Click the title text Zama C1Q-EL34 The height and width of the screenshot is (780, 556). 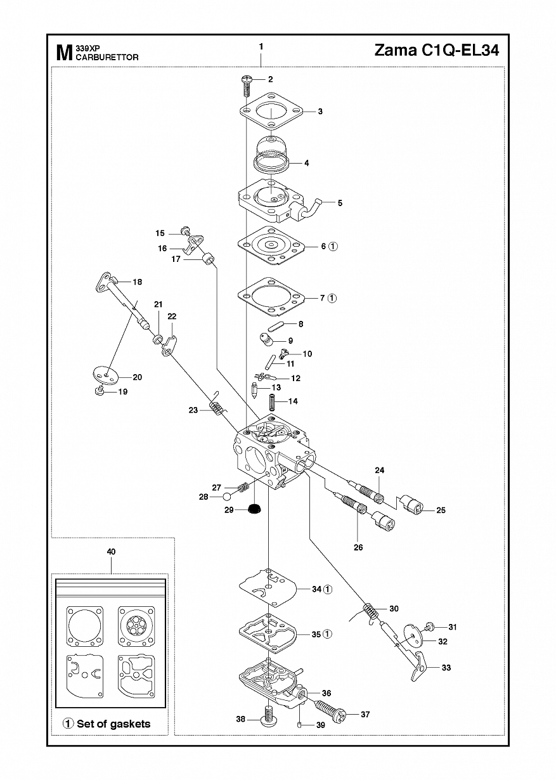tap(437, 51)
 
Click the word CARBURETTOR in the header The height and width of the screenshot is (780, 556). tap(107, 58)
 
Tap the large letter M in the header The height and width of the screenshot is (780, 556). tap(65, 53)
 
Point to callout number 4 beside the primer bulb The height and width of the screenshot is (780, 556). tap(307, 163)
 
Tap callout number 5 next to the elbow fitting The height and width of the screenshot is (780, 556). tap(340, 203)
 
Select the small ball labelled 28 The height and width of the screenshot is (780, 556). tap(228, 496)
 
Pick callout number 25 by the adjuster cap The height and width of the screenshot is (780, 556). tap(441, 510)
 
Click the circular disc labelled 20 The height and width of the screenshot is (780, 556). tap(107, 375)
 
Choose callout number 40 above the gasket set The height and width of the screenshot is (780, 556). tap(112, 552)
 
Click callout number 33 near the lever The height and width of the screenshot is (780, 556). tap(446, 668)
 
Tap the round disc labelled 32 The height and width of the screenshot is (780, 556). tap(413, 637)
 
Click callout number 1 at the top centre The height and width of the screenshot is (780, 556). tap(261, 46)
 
